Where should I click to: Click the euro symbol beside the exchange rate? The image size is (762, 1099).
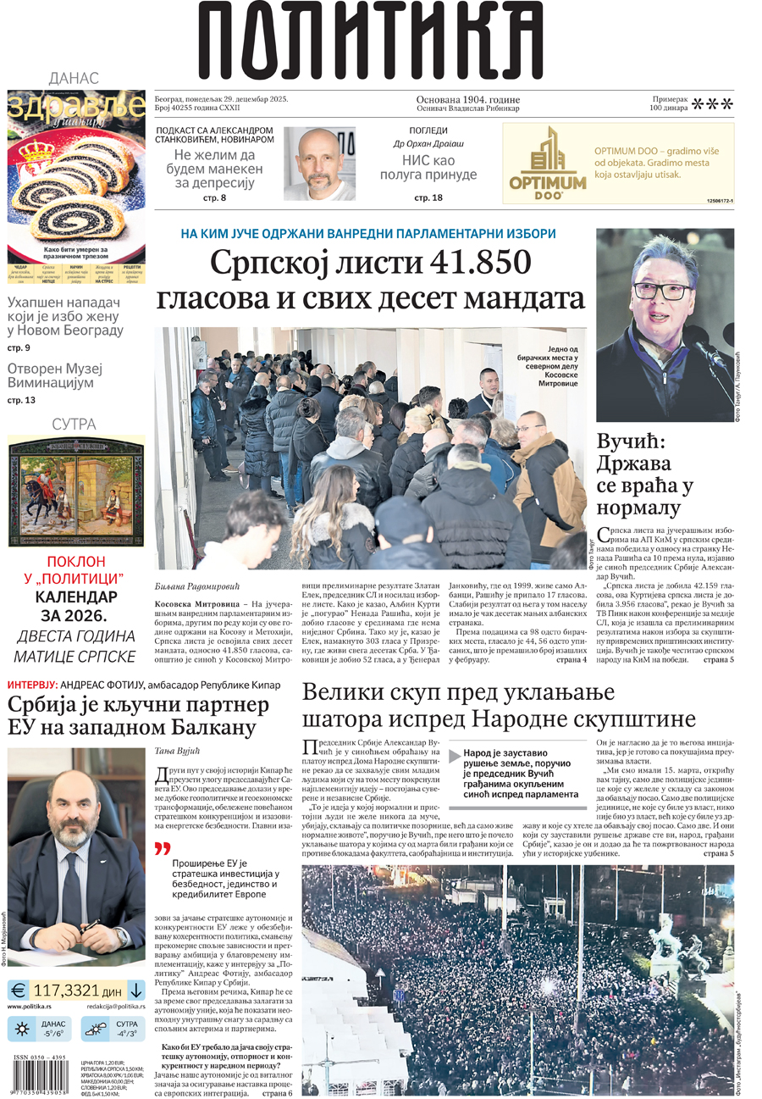(x=18, y=989)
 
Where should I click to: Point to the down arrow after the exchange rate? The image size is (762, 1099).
(x=135, y=989)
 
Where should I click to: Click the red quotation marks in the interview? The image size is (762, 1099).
(x=163, y=848)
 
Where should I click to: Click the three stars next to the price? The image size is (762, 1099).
(x=713, y=104)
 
